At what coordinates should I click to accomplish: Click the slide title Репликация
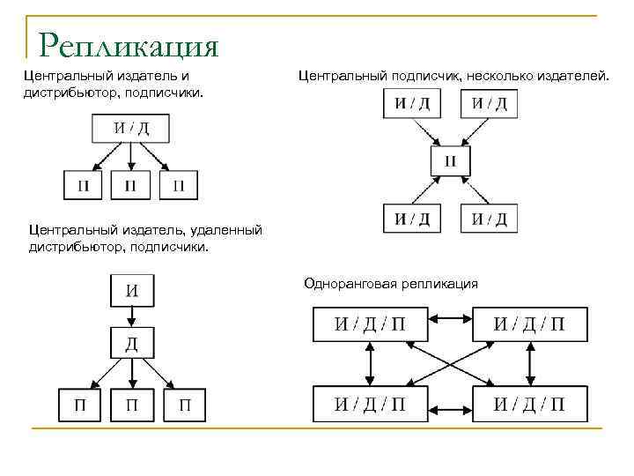click(x=129, y=44)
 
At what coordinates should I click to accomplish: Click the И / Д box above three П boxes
click(x=130, y=129)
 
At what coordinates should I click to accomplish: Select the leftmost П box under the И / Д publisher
click(x=83, y=185)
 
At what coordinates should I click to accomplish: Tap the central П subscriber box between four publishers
click(x=450, y=161)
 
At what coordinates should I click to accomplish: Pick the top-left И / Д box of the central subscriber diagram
click(x=411, y=104)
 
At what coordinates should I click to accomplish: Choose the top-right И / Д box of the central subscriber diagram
click(x=489, y=104)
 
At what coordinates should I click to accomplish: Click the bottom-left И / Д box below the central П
click(x=411, y=218)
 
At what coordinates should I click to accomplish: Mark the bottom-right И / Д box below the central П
click(x=489, y=218)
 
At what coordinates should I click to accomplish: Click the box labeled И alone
click(x=130, y=289)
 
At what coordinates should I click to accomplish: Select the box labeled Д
click(x=130, y=343)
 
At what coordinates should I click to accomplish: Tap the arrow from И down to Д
click(x=130, y=316)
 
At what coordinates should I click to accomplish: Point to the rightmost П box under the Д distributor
click(x=185, y=405)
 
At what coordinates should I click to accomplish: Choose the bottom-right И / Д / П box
click(x=528, y=405)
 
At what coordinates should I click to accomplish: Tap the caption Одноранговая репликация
click(x=391, y=283)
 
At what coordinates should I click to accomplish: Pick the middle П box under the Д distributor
click(x=130, y=405)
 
